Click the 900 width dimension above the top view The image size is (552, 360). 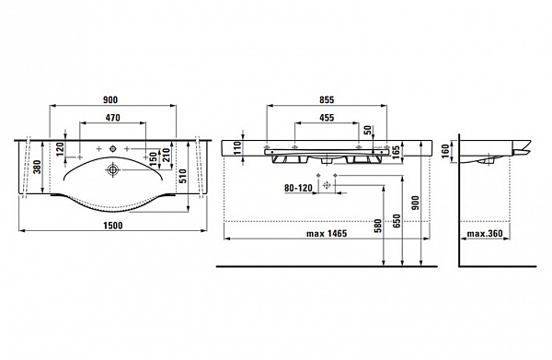[x=110, y=99]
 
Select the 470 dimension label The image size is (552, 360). [x=112, y=117]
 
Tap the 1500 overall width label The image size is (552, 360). [x=113, y=225]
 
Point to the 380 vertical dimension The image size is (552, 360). [x=37, y=167]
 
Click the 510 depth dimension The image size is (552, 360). [x=183, y=176]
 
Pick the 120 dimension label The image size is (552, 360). [x=59, y=149]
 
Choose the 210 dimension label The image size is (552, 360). [x=167, y=156]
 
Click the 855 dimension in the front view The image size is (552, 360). [x=327, y=100]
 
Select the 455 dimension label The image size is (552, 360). [x=327, y=118]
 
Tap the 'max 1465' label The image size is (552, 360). [x=327, y=233]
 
